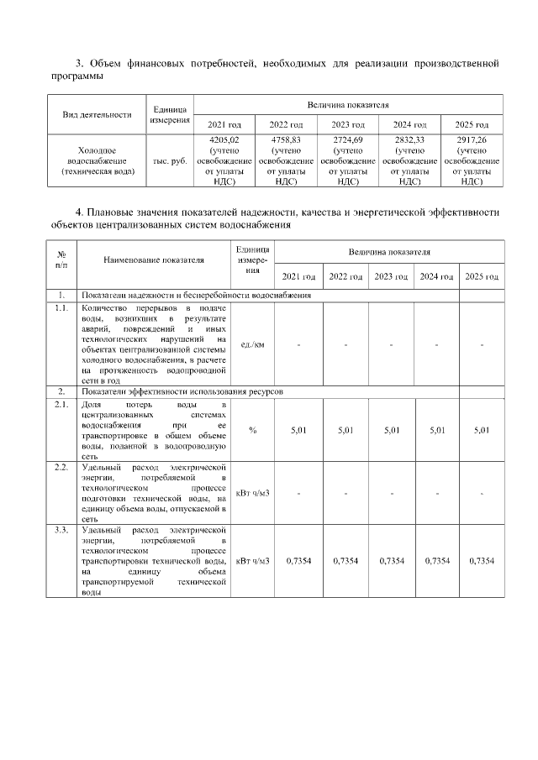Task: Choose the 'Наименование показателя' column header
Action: click(154, 259)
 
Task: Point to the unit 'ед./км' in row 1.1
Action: click(252, 344)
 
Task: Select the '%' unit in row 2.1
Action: click(252, 430)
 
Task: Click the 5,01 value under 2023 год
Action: click(391, 430)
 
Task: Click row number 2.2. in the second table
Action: click(61, 466)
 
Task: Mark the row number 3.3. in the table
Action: click(61, 532)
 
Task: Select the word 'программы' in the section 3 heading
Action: click(76, 77)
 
